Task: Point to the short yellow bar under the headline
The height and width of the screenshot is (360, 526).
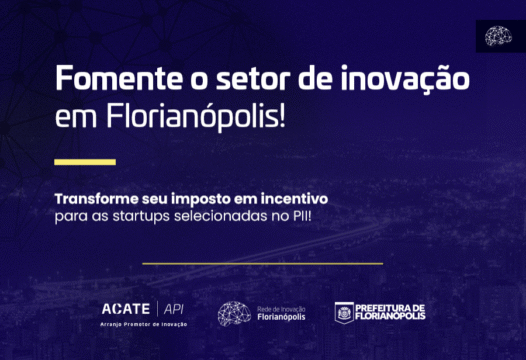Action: pyautogui.click(x=84, y=161)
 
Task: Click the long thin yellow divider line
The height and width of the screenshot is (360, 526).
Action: pyautogui.click(x=263, y=263)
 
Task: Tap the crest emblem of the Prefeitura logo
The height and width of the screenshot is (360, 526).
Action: pyautogui.click(x=344, y=314)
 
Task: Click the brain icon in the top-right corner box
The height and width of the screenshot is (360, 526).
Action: pyautogui.click(x=498, y=36)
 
